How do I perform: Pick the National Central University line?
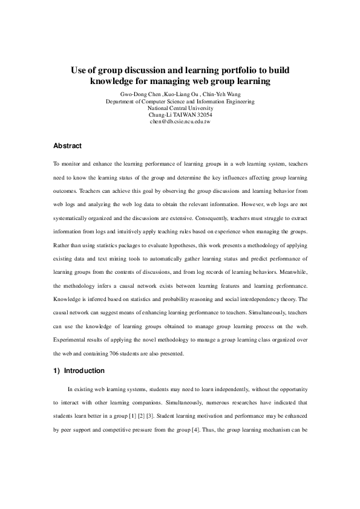(180, 108)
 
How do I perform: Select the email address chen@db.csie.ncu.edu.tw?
(180, 122)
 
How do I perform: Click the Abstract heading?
(68, 146)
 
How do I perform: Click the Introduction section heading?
(84, 371)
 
